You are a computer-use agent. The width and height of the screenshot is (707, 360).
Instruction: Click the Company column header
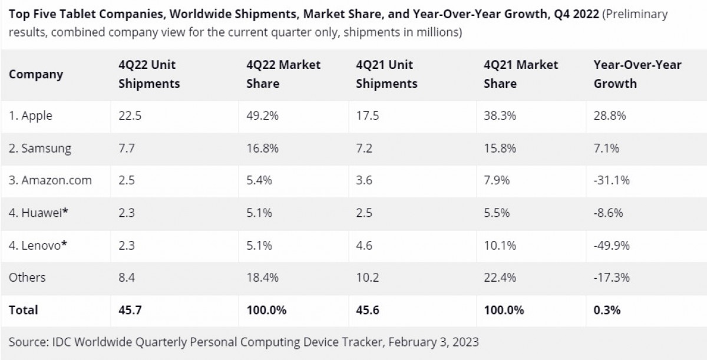pyautogui.click(x=36, y=74)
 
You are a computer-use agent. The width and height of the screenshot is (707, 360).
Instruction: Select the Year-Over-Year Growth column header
pyautogui.click(x=637, y=74)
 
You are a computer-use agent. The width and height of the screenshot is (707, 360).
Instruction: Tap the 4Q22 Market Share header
pyautogui.click(x=283, y=74)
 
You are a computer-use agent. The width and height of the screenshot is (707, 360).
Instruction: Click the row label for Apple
pyautogui.click(x=31, y=115)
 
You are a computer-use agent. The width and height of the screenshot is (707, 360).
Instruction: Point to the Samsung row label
pyautogui.click(x=40, y=148)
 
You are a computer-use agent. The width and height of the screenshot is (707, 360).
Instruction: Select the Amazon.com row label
pyautogui.click(x=50, y=180)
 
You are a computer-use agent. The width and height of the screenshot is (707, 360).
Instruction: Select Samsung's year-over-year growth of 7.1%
pyautogui.click(x=606, y=148)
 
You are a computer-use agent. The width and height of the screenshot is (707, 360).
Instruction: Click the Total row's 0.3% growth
pyautogui.click(x=607, y=309)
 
